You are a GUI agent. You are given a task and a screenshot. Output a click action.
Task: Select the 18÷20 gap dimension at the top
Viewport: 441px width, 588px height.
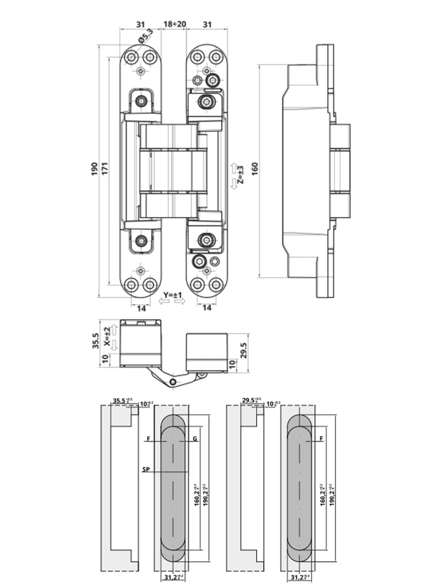point(174,24)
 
